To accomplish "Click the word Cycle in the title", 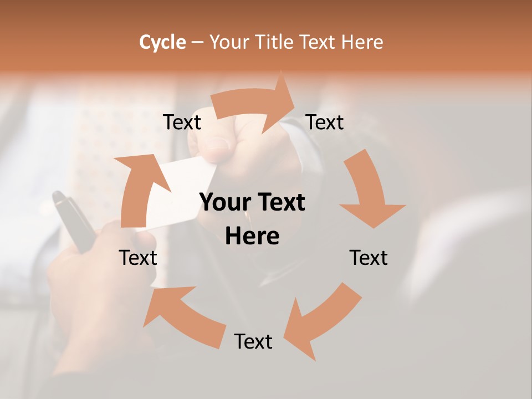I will [162, 42].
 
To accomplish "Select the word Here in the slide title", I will [362, 42].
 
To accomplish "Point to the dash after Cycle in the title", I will [197, 43].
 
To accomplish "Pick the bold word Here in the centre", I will [252, 236].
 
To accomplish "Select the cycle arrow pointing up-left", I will [183, 316].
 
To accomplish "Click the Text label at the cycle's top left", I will [182, 122].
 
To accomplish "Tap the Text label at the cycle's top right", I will [325, 122].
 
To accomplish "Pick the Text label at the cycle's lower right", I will [369, 258].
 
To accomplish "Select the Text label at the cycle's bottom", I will [253, 341].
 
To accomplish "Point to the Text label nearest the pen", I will [139, 258].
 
